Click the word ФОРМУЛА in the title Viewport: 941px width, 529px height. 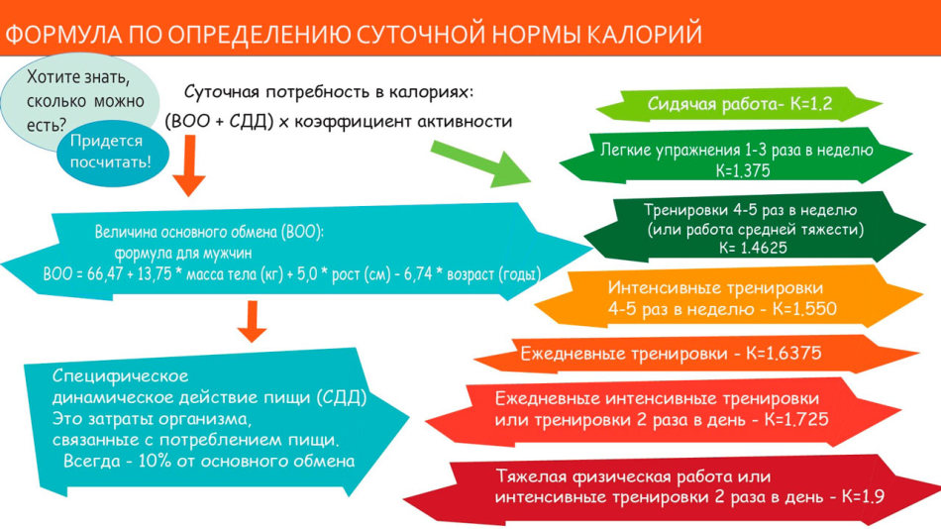pyautogui.click(x=63, y=35)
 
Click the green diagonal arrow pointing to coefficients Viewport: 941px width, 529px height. pyautogui.click(x=481, y=163)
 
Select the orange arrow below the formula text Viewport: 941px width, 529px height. pyautogui.click(x=189, y=165)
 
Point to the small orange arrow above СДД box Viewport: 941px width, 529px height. pyautogui.click(x=252, y=321)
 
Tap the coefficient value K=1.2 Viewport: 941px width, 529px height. pyautogui.click(x=811, y=104)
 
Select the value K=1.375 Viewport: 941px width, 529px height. pyautogui.click(x=742, y=171)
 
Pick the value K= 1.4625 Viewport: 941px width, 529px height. pyautogui.click(x=753, y=248)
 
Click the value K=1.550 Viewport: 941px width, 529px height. pyautogui.click(x=804, y=309)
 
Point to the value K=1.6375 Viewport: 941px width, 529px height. pyautogui.click(x=784, y=353)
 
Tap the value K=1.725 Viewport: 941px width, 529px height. pyautogui.click(x=796, y=419)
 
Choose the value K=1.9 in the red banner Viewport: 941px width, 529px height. pyautogui.click(x=863, y=496)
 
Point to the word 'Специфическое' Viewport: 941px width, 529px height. pyautogui.click(x=120, y=376)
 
